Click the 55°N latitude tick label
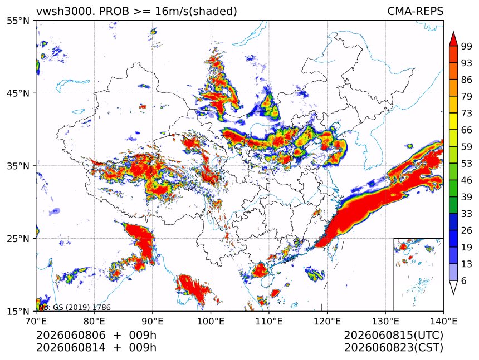click(x=18, y=21)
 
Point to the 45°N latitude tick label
click(x=18, y=93)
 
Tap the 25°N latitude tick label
click(x=18, y=239)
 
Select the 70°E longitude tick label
click(x=36, y=321)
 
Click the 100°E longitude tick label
click(x=211, y=321)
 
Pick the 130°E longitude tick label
click(x=385, y=321)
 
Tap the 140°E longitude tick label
click(x=443, y=321)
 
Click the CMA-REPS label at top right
click(x=415, y=11)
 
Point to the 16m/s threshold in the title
click(x=172, y=11)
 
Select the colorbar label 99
click(x=467, y=46)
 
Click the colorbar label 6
click(x=464, y=280)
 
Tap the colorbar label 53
click(x=467, y=164)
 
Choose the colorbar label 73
click(x=467, y=114)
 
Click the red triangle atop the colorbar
click(x=453, y=40)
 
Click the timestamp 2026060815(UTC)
click(x=393, y=335)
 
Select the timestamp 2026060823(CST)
click(x=393, y=348)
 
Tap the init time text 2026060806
click(x=71, y=335)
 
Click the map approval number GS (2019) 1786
click(x=82, y=307)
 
